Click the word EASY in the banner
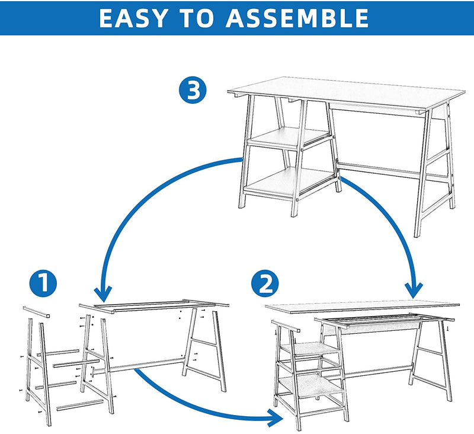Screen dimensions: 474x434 tap(133, 18)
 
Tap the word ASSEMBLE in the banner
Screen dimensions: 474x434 tap(297, 18)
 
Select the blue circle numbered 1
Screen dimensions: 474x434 tap(43, 283)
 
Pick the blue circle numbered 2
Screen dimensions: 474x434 tap(265, 283)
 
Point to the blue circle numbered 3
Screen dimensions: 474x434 tap(193, 90)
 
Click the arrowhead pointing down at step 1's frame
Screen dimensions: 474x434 tap(103, 294)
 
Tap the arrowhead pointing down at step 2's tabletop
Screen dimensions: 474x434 tap(413, 291)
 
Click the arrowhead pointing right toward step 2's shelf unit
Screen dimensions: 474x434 tap(277, 417)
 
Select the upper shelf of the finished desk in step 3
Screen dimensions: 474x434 tap(289, 137)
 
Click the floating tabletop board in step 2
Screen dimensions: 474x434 tap(362, 306)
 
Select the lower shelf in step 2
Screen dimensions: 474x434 tap(312, 385)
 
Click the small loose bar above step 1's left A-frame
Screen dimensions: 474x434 tap(36, 312)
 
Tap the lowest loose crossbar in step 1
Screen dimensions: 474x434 tap(80, 406)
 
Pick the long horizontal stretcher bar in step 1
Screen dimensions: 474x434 tap(139, 365)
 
